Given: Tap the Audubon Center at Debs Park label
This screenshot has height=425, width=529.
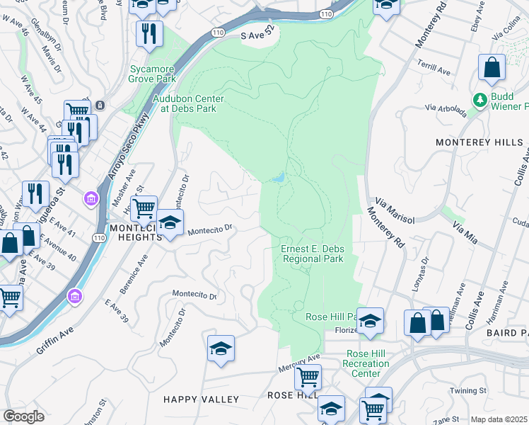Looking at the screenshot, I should [192, 104].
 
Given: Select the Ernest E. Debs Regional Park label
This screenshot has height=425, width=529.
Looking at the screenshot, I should [313, 254].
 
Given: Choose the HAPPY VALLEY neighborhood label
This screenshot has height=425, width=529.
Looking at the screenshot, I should [201, 399].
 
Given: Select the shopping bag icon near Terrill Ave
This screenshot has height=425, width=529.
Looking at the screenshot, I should [492, 68].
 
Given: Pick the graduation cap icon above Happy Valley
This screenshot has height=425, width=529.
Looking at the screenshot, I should [221, 348].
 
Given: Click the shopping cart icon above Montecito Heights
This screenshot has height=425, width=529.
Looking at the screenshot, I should [144, 208].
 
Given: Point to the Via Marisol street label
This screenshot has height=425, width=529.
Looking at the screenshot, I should [395, 210].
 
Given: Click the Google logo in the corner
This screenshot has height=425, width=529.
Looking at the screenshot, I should [23, 416].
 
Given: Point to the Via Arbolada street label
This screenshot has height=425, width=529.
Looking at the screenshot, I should [446, 109].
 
